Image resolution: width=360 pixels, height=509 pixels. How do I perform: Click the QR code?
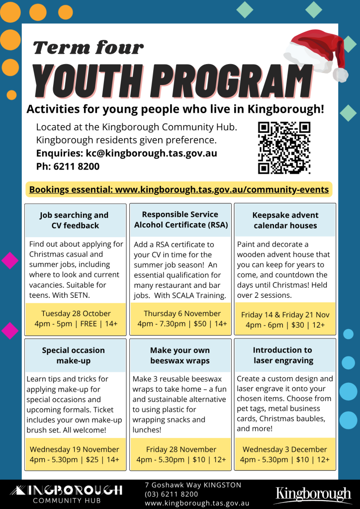[284, 148]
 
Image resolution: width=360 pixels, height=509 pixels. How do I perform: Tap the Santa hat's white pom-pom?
[340, 75]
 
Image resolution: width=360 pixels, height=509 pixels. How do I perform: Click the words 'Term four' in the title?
[88, 48]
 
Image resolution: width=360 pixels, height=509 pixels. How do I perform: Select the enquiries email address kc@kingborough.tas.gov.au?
[152, 153]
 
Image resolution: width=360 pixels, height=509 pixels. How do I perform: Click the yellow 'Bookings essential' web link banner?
[179, 189]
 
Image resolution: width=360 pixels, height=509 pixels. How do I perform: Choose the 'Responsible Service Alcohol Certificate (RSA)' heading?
[180, 219]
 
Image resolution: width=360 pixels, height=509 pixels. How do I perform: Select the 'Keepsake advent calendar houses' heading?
[285, 220]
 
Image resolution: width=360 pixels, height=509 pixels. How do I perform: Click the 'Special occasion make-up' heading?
[74, 355]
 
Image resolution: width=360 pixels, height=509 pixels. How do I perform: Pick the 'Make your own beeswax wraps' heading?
[180, 355]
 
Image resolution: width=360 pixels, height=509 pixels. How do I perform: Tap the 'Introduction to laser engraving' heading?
[283, 355]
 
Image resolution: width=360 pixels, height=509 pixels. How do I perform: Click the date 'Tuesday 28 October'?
[76, 314]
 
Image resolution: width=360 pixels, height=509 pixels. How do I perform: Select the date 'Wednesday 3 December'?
[285, 449]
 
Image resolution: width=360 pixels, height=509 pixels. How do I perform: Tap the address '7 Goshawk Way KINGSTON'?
[193, 485]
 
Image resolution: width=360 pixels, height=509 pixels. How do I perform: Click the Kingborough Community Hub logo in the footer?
[65, 494]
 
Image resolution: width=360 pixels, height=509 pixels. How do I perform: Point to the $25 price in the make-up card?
[92, 459]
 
